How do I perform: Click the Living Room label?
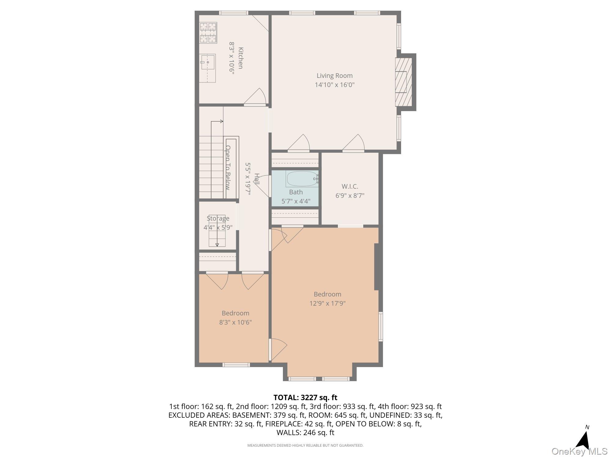[335, 76]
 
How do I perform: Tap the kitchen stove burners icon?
[208, 32]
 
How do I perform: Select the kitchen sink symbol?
[208, 68]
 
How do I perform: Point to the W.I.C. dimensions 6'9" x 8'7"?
[350, 195]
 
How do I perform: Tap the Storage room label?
[218, 218]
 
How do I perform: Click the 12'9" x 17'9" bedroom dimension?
[327, 303]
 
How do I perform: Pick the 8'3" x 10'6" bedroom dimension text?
[235, 322]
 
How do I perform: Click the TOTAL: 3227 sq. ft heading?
[305, 397]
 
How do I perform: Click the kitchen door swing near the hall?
[255, 97]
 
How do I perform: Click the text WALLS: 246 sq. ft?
[305, 432]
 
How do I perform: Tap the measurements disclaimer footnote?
[305, 445]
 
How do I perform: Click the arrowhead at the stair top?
[221, 122]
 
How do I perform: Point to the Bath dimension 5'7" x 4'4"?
[296, 201]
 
